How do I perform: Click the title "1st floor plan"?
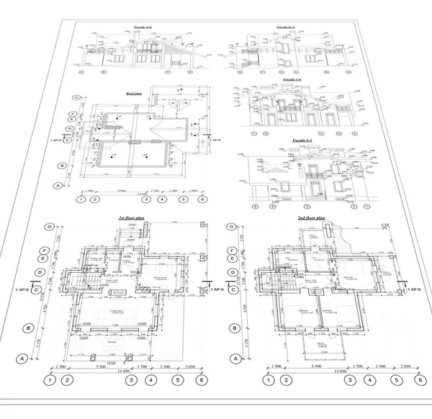click(131, 217)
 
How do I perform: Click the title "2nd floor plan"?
click(311, 217)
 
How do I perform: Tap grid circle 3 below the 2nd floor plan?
click(349, 379)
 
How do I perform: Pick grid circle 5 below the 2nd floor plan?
click(396, 379)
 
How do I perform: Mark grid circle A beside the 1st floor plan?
click(22, 358)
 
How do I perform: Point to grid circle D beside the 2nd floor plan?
click(233, 273)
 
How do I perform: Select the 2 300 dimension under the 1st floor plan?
click(167, 366)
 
